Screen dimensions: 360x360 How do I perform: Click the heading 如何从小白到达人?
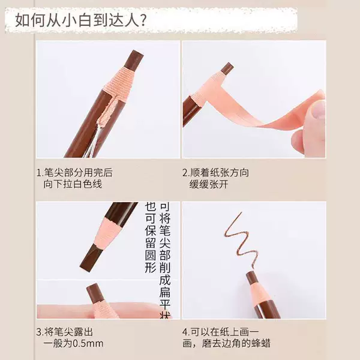click(81, 20)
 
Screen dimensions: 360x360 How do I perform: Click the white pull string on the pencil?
click(91, 143)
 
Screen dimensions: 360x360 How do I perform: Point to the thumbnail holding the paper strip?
click(317, 111)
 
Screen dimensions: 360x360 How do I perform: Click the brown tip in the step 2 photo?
click(227, 68)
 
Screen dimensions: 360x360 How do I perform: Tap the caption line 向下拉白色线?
click(73, 184)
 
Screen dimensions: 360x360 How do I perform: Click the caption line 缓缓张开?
click(209, 184)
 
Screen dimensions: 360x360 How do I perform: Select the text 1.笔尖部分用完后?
click(74, 173)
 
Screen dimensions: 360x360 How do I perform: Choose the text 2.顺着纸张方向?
click(215, 173)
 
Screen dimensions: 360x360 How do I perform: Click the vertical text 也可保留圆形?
click(151, 238)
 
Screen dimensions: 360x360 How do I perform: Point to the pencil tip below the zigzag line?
click(251, 277)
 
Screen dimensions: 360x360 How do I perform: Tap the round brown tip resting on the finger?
click(95, 292)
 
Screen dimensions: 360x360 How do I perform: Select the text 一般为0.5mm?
click(73, 344)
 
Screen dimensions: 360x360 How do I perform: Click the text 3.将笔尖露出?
click(65, 332)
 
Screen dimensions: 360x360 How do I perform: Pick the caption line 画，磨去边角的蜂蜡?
click(226, 344)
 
